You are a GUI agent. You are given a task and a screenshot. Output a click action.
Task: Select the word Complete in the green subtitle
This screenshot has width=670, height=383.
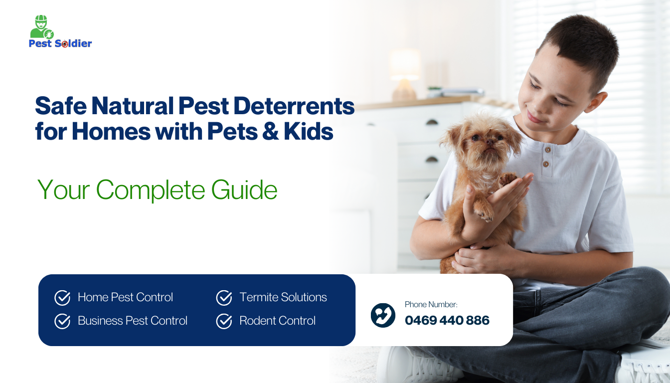point(151,190)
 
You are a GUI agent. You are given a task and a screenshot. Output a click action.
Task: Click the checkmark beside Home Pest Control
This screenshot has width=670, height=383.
point(62,298)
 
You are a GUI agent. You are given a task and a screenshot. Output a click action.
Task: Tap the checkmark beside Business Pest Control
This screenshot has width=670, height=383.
point(62,321)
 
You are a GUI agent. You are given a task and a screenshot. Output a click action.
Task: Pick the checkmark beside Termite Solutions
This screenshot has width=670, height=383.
point(224,298)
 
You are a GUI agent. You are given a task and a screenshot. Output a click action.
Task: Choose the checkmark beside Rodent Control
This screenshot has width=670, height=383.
point(224,321)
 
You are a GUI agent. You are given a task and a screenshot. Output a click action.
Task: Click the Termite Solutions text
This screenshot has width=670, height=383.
point(283,297)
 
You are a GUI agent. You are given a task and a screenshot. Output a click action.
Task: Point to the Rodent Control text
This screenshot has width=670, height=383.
point(278,321)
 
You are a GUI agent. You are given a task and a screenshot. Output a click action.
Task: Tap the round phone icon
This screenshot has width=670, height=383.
point(383,315)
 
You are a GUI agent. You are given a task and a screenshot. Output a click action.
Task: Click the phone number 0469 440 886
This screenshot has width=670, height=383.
point(447,320)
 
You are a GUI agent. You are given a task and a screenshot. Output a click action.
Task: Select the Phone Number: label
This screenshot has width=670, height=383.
point(431,305)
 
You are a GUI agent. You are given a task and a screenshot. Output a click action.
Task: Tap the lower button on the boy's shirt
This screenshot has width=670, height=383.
point(545,164)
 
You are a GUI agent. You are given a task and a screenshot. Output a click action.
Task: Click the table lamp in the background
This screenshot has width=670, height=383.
point(405,75)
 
